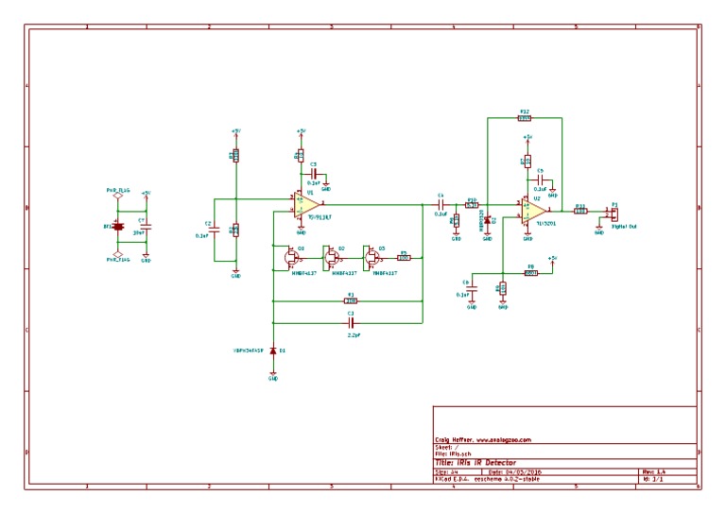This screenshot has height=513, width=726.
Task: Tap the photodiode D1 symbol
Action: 273,351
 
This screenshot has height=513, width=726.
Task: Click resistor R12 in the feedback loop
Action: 525,118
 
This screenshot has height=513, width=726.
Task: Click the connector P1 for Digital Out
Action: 613,212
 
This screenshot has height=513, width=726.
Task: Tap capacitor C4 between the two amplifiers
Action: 440,204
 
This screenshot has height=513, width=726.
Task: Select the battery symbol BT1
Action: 119,227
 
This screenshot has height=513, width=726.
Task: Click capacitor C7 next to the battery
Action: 146,227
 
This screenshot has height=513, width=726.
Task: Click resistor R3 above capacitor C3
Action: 350,301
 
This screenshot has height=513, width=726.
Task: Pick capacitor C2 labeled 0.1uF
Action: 214,230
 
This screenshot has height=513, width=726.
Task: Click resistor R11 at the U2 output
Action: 580,212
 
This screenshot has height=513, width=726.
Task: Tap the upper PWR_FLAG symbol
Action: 119,197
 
